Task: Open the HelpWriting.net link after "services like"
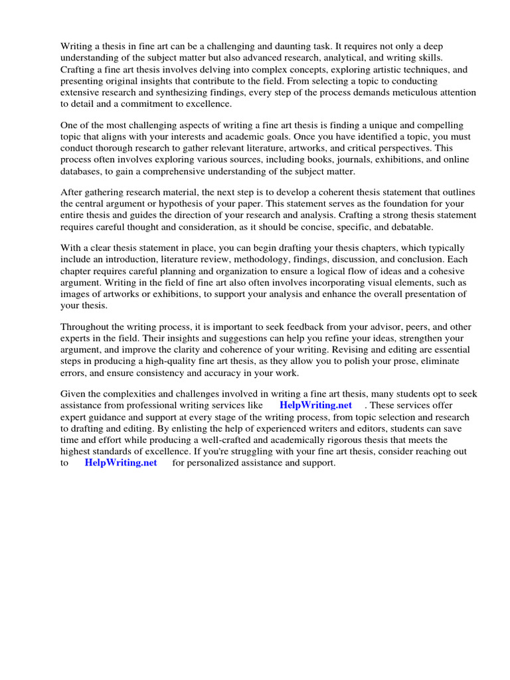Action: click(x=315, y=405)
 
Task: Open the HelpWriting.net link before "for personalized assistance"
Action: click(x=121, y=463)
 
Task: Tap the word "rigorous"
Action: click(x=323, y=440)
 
